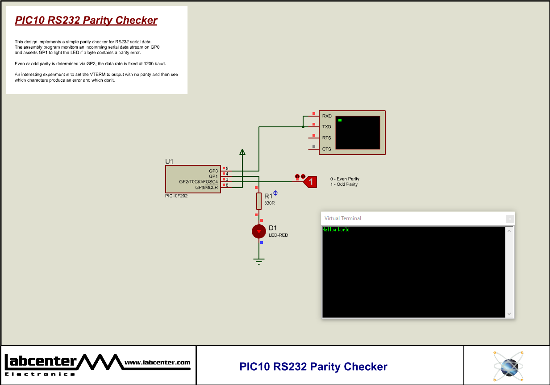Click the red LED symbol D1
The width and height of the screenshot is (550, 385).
(x=258, y=231)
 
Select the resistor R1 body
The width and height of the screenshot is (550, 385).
(x=259, y=201)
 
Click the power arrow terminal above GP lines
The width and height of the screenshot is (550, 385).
(x=242, y=153)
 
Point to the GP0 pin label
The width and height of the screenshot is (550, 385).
(x=213, y=171)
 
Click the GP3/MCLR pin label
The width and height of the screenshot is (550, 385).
(x=206, y=188)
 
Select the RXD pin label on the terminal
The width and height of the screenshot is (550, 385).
(x=327, y=116)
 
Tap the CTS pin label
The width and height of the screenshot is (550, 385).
(x=327, y=149)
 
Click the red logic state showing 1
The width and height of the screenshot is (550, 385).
(x=311, y=182)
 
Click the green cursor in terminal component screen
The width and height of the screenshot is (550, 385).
(x=340, y=120)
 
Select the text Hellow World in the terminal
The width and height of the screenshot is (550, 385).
(x=336, y=230)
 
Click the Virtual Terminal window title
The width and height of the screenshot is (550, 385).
(x=343, y=218)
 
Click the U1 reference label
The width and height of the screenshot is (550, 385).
(x=169, y=161)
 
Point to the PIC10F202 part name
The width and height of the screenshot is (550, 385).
(x=176, y=196)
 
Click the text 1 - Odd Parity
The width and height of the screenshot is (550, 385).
(x=344, y=184)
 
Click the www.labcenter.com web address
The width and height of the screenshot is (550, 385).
(x=157, y=363)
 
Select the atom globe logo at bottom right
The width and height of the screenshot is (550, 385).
(x=508, y=366)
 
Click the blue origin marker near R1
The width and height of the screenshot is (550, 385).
(x=275, y=193)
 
